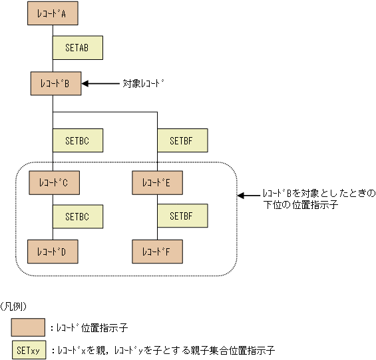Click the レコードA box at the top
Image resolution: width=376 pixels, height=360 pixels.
click(53, 13)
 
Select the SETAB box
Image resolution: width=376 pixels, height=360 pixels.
click(79, 48)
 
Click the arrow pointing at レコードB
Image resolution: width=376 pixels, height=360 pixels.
click(99, 84)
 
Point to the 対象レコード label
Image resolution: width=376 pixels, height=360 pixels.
click(143, 84)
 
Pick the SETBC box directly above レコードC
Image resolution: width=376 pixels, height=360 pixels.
click(79, 140)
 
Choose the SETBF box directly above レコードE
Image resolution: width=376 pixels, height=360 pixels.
click(182, 140)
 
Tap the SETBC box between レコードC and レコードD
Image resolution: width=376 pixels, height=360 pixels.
click(79, 216)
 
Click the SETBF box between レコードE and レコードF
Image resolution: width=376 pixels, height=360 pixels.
click(182, 216)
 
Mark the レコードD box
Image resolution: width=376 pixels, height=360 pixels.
click(53, 252)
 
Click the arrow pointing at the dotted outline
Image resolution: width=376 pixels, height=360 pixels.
click(249, 196)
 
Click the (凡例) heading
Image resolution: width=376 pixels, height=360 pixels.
click(15, 307)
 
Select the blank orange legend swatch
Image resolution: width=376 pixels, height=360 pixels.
click(28, 327)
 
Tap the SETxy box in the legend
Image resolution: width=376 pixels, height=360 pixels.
click(28, 349)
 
